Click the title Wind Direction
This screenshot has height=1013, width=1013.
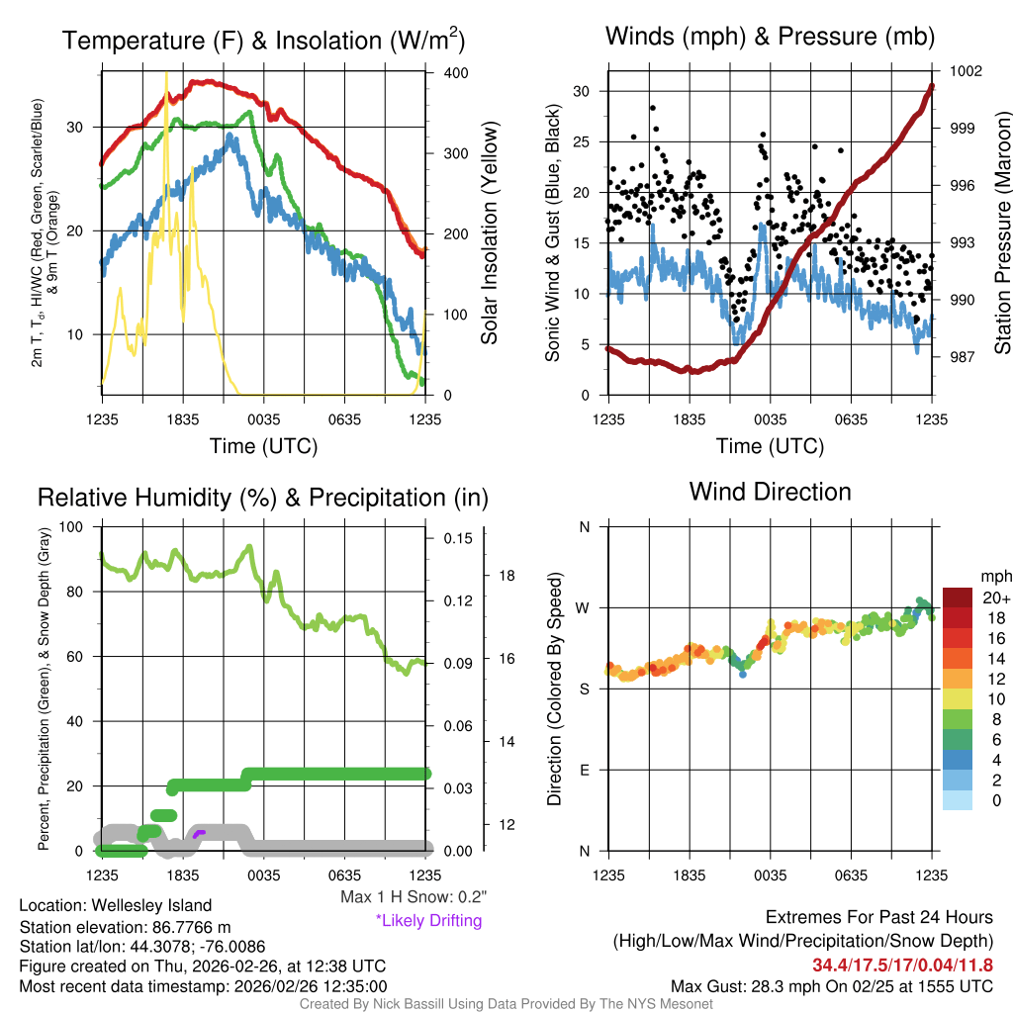pos(770,492)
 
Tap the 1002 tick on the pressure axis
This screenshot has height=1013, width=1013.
pos(966,71)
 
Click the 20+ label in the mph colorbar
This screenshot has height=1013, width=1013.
pos(995,599)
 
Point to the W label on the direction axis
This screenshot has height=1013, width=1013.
pos(584,607)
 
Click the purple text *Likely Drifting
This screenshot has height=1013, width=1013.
pos(428,921)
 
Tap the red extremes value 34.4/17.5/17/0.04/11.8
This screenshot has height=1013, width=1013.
pos(902,965)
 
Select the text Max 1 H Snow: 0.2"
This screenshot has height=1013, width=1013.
pos(413,896)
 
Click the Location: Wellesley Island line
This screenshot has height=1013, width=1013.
pos(115,905)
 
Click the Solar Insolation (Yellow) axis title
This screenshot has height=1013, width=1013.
pos(490,233)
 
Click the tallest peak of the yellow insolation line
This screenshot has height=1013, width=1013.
pos(166,75)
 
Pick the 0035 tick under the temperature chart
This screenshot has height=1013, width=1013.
pos(264,419)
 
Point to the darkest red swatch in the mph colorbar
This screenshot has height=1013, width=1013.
pos(958,599)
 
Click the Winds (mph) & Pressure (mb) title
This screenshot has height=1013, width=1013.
pos(770,38)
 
